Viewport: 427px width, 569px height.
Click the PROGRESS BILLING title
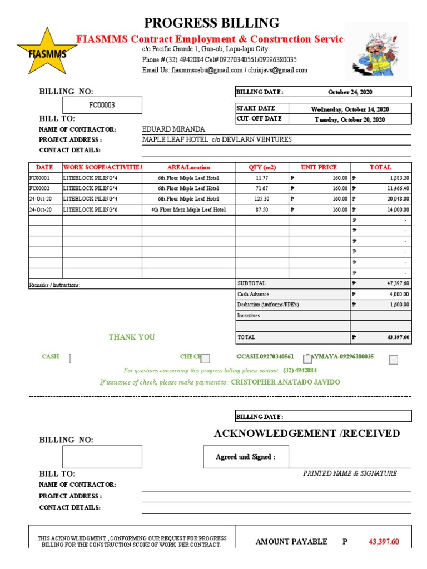pyautogui.click(x=212, y=23)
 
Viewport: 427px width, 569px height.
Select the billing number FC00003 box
pyautogui.click(x=102, y=105)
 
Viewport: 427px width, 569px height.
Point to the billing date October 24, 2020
pyautogui.click(x=350, y=92)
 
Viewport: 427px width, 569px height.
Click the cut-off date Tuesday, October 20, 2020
pyautogui.click(x=350, y=119)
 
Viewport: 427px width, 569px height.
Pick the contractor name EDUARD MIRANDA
pyautogui.click(x=173, y=129)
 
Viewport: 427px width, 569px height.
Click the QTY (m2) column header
pyautogui.click(x=262, y=167)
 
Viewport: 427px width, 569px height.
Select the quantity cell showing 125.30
pyautogui.click(x=262, y=199)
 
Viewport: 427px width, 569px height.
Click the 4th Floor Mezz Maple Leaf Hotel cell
pyautogui.click(x=189, y=209)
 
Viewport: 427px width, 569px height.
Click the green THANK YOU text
pyautogui.click(x=132, y=337)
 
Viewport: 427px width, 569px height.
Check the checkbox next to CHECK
pyautogui.click(x=205, y=359)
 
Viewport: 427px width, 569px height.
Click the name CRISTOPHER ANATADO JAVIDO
pyautogui.click(x=285, y=382)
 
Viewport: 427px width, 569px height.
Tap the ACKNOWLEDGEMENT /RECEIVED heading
pyautogui.click(x=306, y=433)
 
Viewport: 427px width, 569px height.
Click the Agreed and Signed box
pyautogui.click(x=245, y=457)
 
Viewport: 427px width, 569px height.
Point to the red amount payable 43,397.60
pyautogui.click(x=384, y=542)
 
